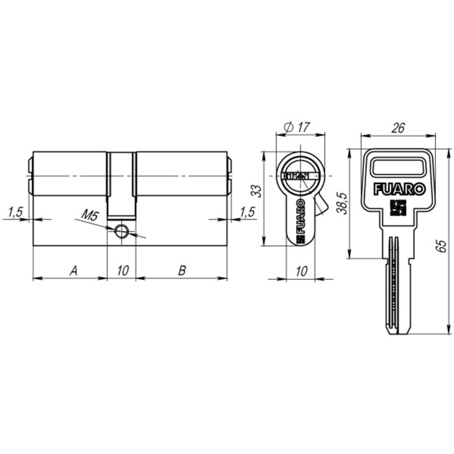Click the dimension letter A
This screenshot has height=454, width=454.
pyautogui.click(x=74, y=270)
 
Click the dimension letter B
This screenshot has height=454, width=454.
pyautogui.click(x=182, y=270)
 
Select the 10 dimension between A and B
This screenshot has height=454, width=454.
pyautogui.click(x=122, y=270)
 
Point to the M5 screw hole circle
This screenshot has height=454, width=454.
pyautogui.click(x=121, y=232)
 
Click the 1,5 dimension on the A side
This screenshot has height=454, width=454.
pyautogui.click(x=16, y=211)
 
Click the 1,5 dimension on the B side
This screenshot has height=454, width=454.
pyautogui.click(x=247, y=211)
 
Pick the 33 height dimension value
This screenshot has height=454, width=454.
pyautogui.click(x=256, y=191)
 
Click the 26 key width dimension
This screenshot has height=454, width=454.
pyautogui.click(x=398, y=128)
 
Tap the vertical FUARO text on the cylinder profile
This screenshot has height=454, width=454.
pyautogui.click(x=301, y=218)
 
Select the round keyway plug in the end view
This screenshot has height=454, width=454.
pyautogui.click(x=300, y=175)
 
